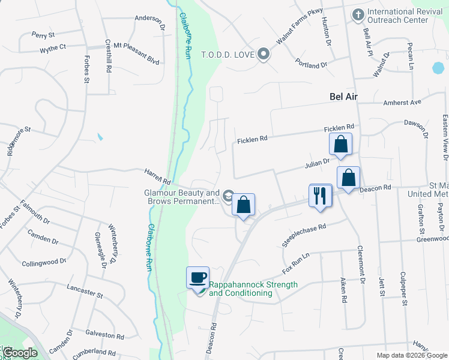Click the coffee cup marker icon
coord(197,278)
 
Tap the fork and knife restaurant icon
coord(320,196)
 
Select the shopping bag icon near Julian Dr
coord(340,145)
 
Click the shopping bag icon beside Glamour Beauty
coord(243,205)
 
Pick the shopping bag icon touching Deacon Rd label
coord(348,178)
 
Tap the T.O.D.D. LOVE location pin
coord(263,55)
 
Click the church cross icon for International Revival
coord(358,14)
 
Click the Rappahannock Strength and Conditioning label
coord(253,289)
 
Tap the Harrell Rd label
coord(157,176)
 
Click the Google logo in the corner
coord(19,352)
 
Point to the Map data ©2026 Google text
coord(411,355)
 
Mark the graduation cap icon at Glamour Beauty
coord(228,196)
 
